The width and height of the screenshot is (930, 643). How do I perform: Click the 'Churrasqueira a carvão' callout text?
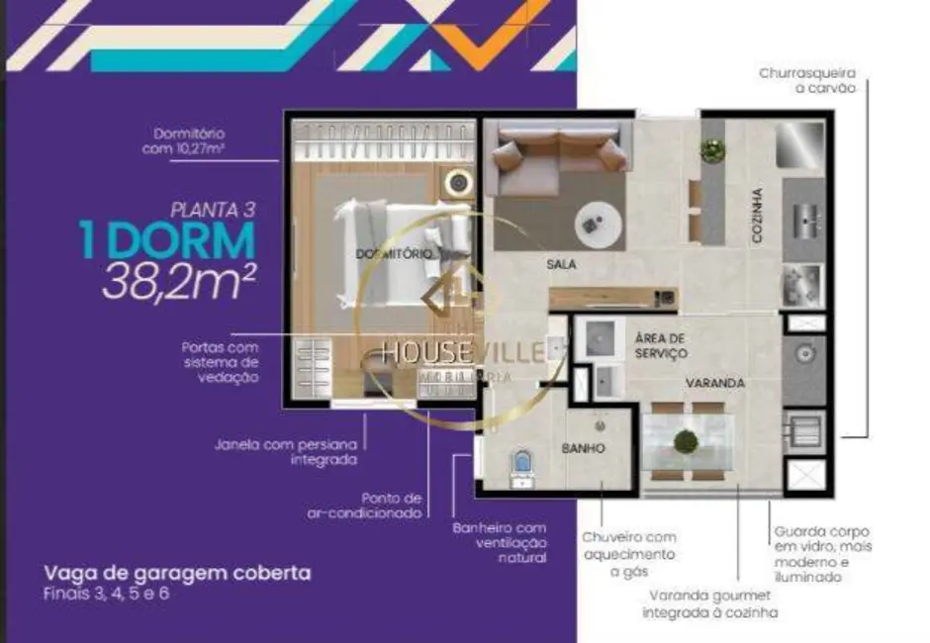pyautogui.click(x=806, y=80)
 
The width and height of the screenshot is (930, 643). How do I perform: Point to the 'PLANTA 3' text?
pyautogui.click(x=213, y=209)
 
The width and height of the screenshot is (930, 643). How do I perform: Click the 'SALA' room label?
pyautogui.click(x=561, y=264)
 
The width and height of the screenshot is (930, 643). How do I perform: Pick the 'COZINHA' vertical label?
pyautogui.click(x=756, y=216)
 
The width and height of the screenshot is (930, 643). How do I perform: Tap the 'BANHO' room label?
pyautogui.click(x=583, y=448)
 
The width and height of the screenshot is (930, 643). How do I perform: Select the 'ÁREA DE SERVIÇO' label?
pyautogui.click(x=661, y=344)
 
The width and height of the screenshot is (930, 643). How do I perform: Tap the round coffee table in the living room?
pyautogui.click(x=599, y=225)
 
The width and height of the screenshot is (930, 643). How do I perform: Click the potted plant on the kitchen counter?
pyautogui.click(x=711, y=150)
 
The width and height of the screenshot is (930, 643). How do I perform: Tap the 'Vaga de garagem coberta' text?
pyautogui.click(x=177, y=573)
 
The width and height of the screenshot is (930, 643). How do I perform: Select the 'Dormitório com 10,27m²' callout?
pyautogui.click(x=189, y=140)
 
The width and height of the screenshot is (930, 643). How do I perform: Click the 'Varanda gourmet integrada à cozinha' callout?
pyautogui.click(x=712, y=604)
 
